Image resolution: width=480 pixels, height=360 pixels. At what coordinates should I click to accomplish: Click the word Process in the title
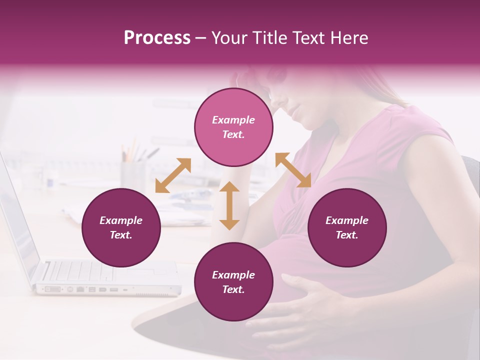pyautogui.click(x=157, y=37)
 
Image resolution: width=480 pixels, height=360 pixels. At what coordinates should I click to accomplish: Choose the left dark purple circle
pyautogui.click(x=121, y=227)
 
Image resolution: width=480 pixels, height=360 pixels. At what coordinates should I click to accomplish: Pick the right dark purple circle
pyautogui.click(x=347, y=227)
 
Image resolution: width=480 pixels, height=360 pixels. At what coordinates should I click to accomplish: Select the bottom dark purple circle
pyautogui.click(x=233, y=281)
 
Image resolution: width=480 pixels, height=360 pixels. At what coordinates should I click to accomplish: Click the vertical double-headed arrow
pyautogui.click(x=229, y=205)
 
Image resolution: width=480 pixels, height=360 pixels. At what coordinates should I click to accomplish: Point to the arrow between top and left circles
pyautogui.click(x=173, y=175)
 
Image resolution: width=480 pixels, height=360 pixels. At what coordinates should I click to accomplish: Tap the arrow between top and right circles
pyautogui.click(x=293, y=170)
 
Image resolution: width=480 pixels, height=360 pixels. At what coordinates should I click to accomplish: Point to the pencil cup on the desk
pyautogui.click(x=132, y=172)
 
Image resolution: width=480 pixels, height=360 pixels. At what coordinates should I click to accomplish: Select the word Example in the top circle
pyautogui.click(x=233, y=120)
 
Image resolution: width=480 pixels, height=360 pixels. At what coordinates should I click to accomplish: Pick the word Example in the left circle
pyautogui.click(x=121, y=220)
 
